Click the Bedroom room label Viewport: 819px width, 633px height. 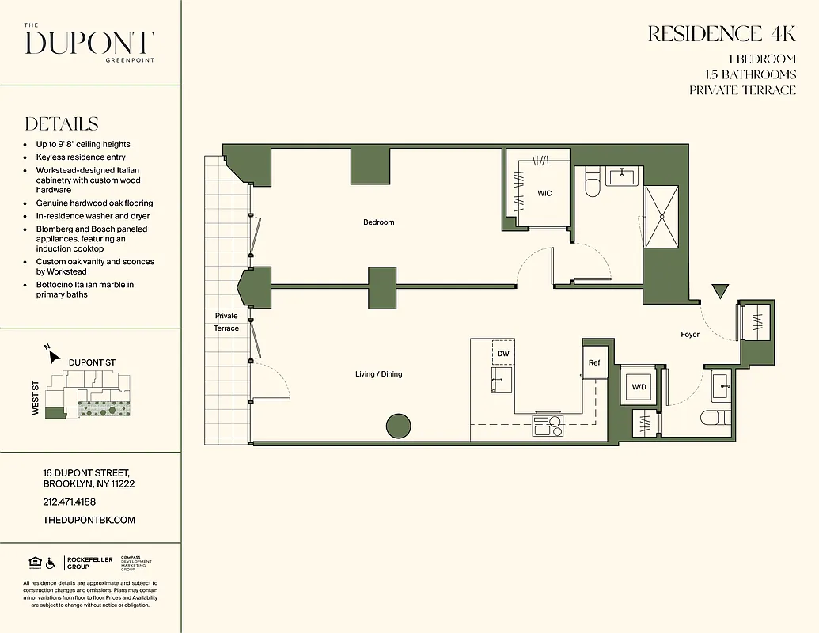pyautogui.click(x=378, y=222)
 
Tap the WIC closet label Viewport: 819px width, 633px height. pyautogui.click(x=544, y=194)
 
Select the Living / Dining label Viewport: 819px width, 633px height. pyautogui.click(x=378, y=374)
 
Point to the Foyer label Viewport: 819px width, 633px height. pyautogui.click(x=690, y=335)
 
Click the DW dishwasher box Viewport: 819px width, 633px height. pyautogui.click(x=503, y=354)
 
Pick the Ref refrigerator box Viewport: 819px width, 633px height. pyautogui.click(x=594, y=363)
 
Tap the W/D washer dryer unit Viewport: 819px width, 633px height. pyautogui.click(x=639, y=387)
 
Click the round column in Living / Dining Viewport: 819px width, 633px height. pyautogui.click(x=399, y=426)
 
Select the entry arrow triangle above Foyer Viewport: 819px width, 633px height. pyautogui.click(x=719, y=291)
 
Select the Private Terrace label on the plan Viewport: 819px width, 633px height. pyautogui.click(x=226, y=322)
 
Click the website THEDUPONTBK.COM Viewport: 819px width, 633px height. pyautogui.click(x=89, y=520)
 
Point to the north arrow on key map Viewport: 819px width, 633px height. pyautogui.click(x=54, y=356)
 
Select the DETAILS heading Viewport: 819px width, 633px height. pyautogui.click(x=62, y=124)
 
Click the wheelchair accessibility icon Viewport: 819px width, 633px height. pyautogui.click(x=51, y=563)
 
